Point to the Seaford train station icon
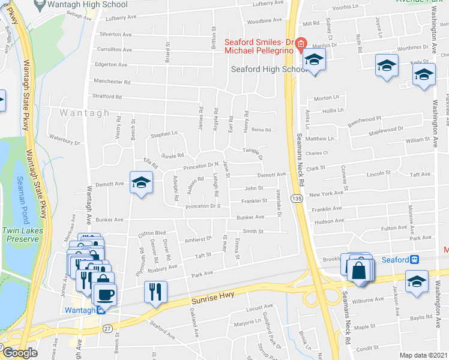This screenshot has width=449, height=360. click(414, 260)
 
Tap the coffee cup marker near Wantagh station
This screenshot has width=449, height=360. click(105, 295)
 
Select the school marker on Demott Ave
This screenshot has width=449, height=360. click(141, 183)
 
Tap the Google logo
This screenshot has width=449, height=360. click(20, 353)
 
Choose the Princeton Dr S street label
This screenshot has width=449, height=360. click(203, 206)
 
